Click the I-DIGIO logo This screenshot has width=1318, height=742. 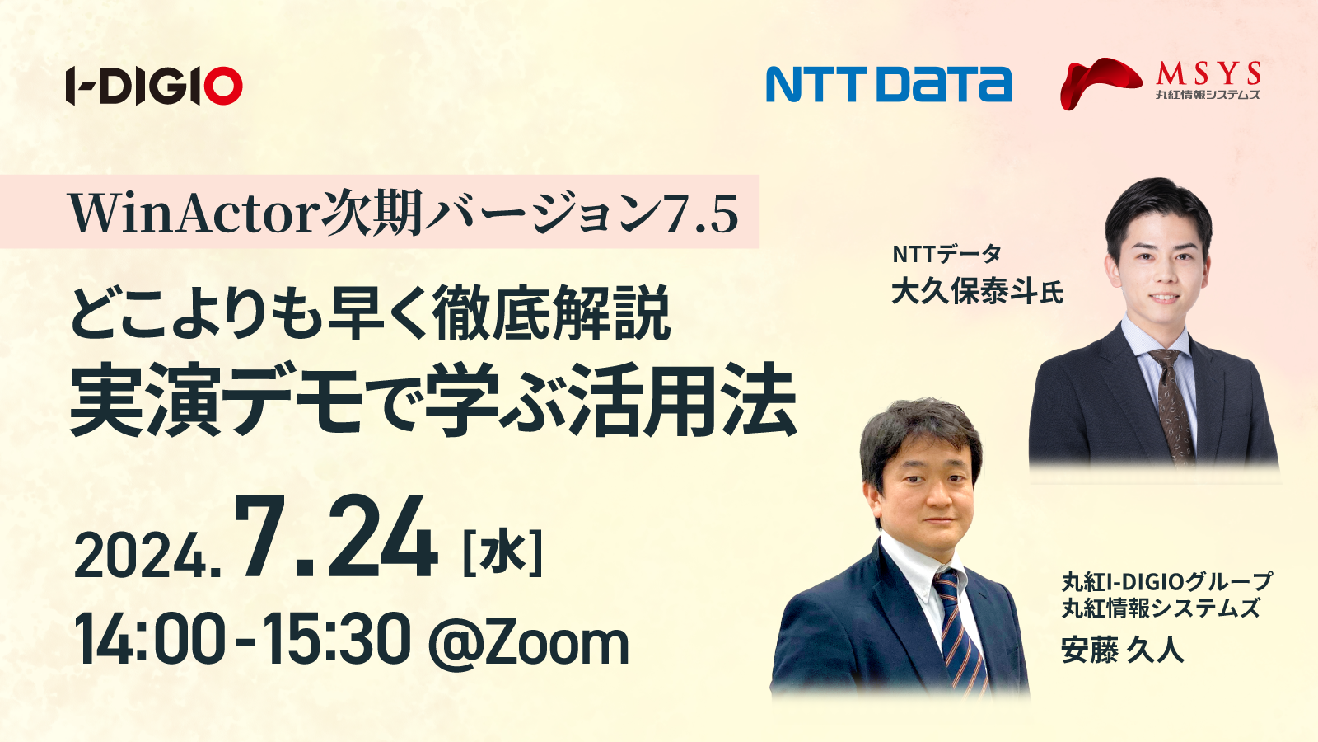pyautogui.click(x=154, y=86)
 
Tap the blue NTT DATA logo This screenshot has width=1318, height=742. pyautogui.click(x=889, y=84)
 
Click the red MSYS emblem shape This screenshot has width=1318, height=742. pyautogui.click(x=1101, y=83)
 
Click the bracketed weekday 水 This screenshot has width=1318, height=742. pyautogui.click(x=503, y=553)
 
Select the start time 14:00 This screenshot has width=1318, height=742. pyautogui.click(x=151, y=640)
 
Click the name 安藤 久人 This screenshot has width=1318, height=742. pyautogui.click(x=1122, y=650)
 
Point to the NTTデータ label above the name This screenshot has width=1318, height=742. pyautogui.click(x=946, y=254)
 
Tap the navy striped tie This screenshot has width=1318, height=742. pyautogui.click(x=959, y=635)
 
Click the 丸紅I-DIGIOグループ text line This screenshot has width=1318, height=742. pyautogui.click(x=1166, y=582)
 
